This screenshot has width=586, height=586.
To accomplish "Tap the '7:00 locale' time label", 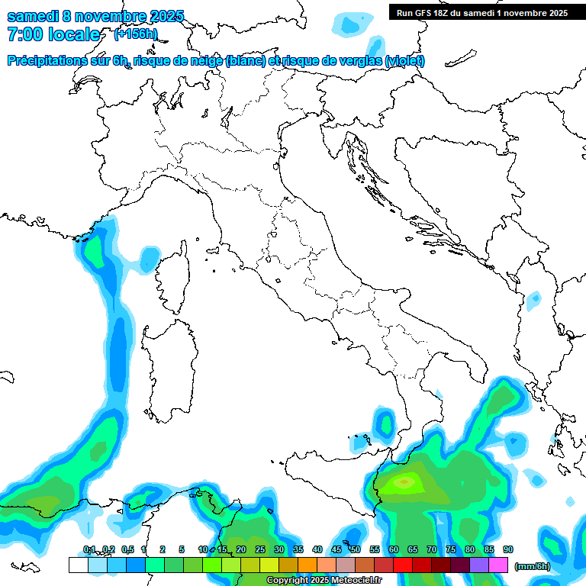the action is pos(53,34).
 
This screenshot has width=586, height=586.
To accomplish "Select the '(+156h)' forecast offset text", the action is pos(136,34).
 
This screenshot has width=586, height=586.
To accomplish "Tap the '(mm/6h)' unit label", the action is pos(533,565).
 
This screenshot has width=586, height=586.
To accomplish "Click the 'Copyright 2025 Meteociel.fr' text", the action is pos(324,581).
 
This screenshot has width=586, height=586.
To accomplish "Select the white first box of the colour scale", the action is pos(78,565).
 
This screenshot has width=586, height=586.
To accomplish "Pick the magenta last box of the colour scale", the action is pos(497,565).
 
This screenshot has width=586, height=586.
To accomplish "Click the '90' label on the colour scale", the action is pos(507,550).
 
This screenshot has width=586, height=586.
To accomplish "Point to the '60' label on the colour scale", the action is pos(393,550).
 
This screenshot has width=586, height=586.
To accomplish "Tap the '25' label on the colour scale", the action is pos(260,550).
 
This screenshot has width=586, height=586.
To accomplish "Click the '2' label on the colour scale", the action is pos(163,550).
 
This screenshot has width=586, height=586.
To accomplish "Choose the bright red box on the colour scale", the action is pos(402,565).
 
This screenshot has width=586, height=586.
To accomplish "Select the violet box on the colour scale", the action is pos(478,565).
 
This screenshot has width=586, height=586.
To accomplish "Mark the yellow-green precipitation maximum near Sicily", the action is pos(405,481).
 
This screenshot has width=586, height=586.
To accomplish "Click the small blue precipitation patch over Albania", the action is pos(533,300).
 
